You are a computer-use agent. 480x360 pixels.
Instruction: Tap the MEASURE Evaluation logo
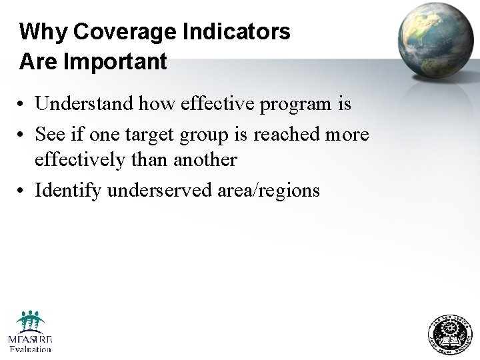tap(30, 331)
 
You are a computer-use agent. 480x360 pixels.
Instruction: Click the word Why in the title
tap(43, 31)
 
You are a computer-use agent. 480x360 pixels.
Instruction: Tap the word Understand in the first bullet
tap(84, 104)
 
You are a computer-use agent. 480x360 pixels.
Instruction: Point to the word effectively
tap(79, 160)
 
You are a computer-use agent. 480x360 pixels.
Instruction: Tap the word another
tap(205, 160)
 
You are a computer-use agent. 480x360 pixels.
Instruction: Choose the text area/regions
tap(269, 191)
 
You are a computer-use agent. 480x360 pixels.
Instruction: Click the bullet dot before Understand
tap(23, 105)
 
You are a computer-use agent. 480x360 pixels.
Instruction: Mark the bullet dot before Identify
tap(23, 191)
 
